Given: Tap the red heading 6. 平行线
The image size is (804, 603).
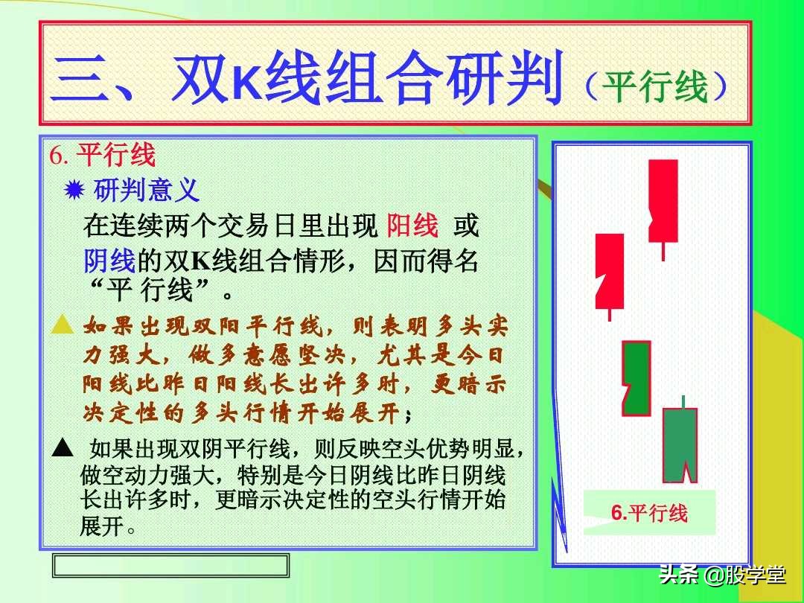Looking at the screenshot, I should tap(103, 156).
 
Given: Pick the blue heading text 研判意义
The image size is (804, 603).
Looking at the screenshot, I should tap(147, 191).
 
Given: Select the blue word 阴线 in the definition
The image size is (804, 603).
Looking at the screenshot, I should tap(109, 261).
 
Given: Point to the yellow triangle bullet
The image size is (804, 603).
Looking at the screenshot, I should tap(63, 325).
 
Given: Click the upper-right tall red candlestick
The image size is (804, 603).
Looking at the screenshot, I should tap(663, 201).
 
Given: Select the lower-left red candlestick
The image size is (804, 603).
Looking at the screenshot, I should tap(610, 271).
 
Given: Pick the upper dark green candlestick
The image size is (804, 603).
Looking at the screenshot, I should tap(636, 378).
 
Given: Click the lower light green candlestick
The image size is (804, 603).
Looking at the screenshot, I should tap(680, 444).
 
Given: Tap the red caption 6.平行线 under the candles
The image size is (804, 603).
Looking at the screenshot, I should tap(649, 513).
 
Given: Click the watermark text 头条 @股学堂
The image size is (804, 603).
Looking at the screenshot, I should tap(721, 575).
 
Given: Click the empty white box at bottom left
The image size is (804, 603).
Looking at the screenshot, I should tap(170, 565).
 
